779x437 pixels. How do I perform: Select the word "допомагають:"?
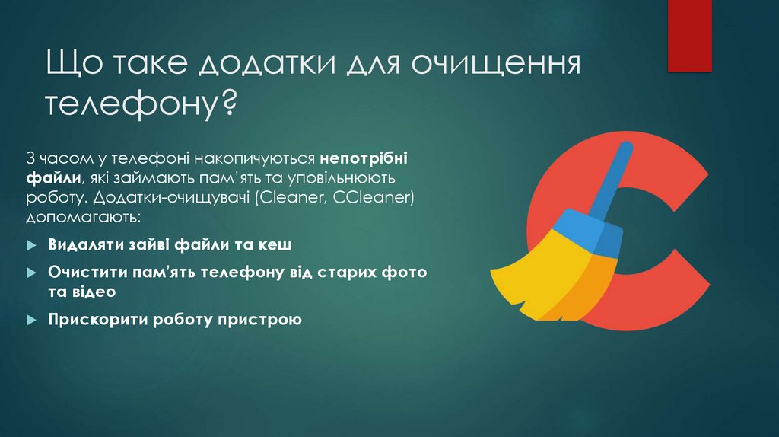click(83, 218)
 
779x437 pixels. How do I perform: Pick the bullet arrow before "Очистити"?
click(31, 273)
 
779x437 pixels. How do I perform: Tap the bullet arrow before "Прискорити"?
click(31, 321)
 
